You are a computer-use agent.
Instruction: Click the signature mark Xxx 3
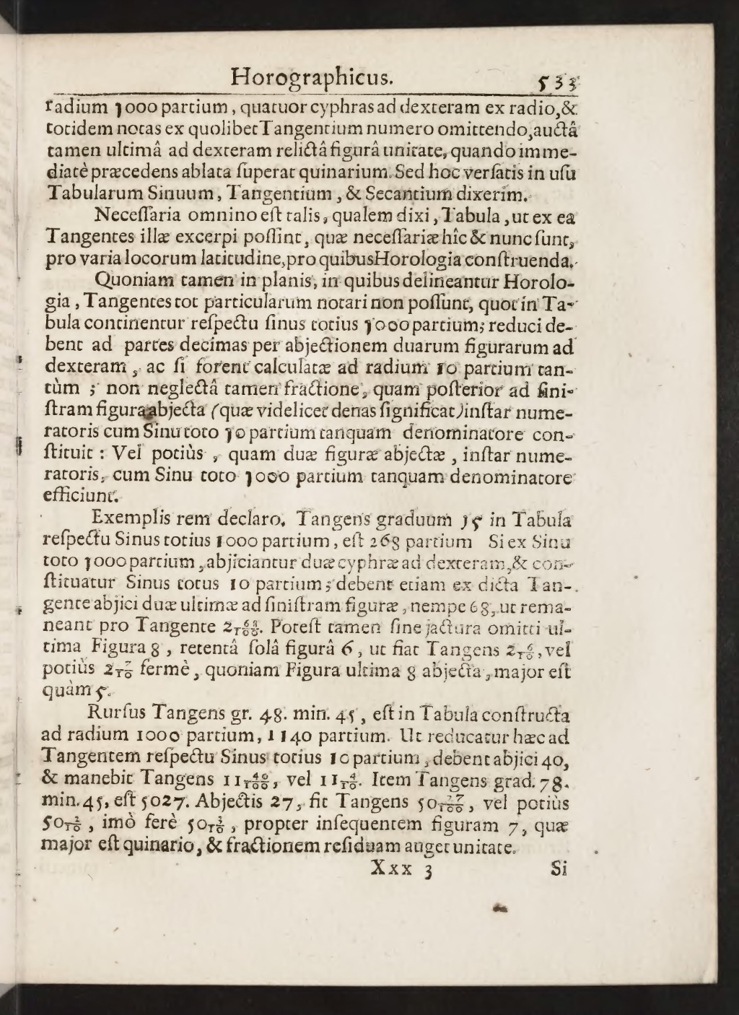(x=400, y=868)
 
